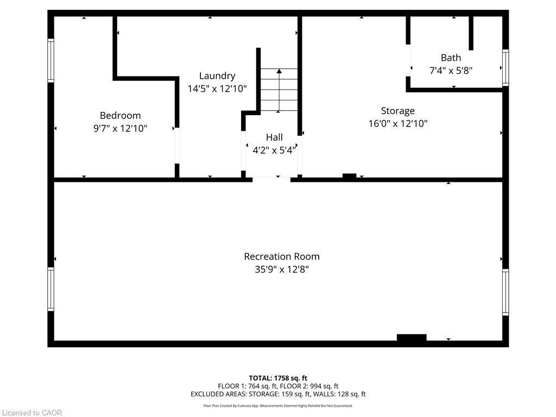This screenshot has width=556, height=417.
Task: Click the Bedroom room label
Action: (120, 115)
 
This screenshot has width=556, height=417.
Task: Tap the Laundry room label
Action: (217, 76)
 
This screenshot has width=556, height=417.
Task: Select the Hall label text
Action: (274, 137)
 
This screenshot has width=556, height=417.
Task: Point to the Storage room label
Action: (397, 111)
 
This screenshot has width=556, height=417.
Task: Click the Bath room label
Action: (451, 58)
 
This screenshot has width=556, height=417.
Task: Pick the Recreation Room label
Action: (282, 256)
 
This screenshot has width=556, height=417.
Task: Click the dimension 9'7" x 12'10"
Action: (120, 128)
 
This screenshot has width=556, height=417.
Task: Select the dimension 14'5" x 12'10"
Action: (217, 89)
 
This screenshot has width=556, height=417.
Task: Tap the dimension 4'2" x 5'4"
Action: (274, 150)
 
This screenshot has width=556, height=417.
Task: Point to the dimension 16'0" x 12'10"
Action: (398, 124)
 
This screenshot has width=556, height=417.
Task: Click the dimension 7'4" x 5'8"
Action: (451, 70)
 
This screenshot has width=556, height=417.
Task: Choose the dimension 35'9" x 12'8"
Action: (282, 269)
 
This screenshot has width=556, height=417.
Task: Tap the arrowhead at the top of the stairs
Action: (279, 71)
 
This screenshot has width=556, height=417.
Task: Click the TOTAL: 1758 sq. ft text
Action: (278, 378)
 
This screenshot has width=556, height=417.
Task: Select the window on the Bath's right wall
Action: (506, 67)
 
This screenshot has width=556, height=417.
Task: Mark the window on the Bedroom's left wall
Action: (50, 60)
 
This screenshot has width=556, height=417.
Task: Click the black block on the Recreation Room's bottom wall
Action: (412, 338)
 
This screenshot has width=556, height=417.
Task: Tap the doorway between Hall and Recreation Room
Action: (271, 179)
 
